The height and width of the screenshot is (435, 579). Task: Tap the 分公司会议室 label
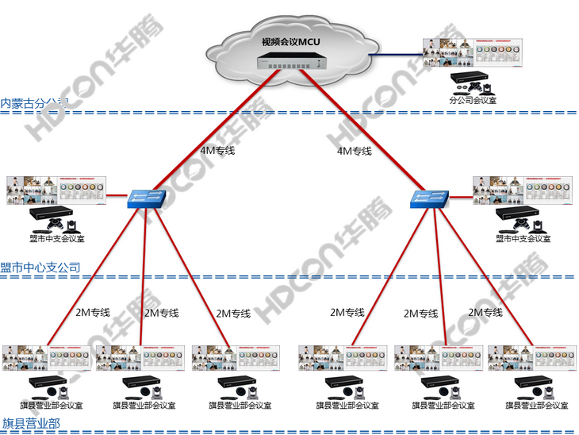[x=473, y=100]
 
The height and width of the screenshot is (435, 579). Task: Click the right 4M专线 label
[x=354, y=150]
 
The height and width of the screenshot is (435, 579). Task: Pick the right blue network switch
[x=428, y=198]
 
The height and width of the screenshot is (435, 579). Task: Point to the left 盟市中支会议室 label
[x=53, y=237]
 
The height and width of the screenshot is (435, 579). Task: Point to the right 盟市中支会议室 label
[x=520, y=237]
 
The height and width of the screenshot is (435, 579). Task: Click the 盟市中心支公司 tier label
[x=40, y=268]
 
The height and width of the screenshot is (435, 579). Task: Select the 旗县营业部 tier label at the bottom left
[x=31, y=423]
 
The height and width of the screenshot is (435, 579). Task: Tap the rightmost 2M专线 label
[x=485, y=312]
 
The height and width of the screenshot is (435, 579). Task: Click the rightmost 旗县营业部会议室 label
[x=537, y=405]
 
